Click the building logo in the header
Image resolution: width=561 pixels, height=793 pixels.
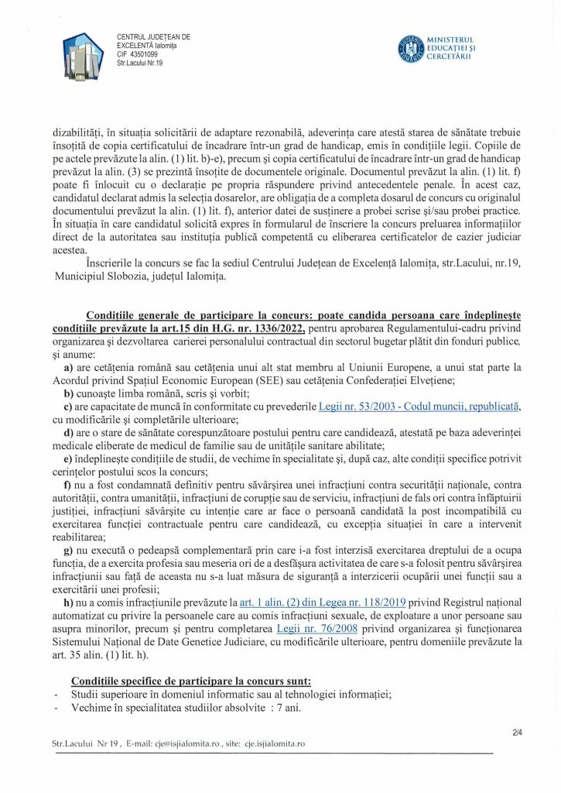[x=81, y=54]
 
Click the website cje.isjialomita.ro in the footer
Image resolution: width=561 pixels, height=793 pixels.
[x=269, y=743]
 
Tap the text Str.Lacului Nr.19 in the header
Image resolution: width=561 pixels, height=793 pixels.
[x=140, y=63]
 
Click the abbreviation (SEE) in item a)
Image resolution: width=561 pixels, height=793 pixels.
[x=272, y=379]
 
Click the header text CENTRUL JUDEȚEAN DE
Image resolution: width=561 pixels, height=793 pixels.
[x=153, y=37]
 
